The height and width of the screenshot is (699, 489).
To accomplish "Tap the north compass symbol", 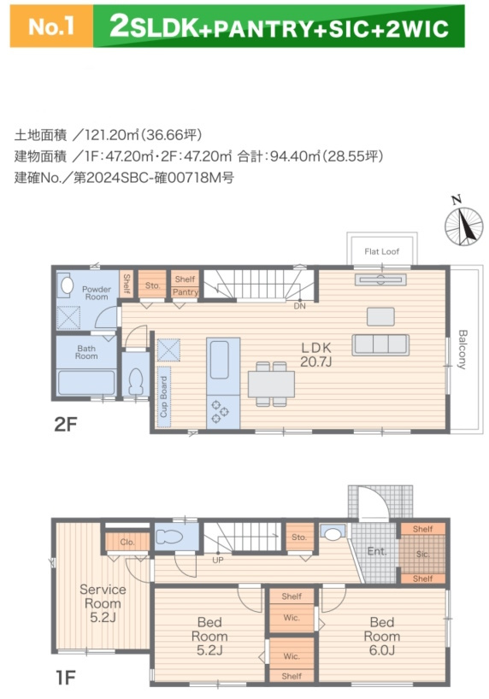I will click(463, 224).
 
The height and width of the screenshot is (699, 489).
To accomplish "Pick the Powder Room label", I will click(96, 292).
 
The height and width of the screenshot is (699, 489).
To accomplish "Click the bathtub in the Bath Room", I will click(85, 383).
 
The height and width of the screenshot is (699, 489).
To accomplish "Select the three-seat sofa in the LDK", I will click(380, 344).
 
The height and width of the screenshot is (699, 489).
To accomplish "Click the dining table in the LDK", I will click(271, 385).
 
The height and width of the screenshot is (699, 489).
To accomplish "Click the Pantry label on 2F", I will click(185, 292).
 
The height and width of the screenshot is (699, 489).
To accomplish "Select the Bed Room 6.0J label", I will click(381, 629).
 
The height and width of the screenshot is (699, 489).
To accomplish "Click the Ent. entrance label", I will click(377, 552).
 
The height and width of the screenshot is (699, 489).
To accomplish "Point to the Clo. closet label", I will click(127, 542).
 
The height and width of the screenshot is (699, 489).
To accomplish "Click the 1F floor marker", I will click(67, 678).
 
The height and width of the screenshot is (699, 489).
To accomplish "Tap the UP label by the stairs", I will click(218, 561).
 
